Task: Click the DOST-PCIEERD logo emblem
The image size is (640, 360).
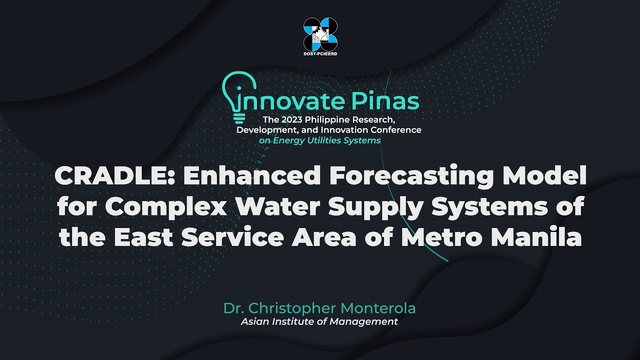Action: click(320, 32)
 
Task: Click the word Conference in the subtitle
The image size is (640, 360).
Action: click(394, 130)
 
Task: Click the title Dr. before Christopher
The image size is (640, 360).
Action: click(232, 308)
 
